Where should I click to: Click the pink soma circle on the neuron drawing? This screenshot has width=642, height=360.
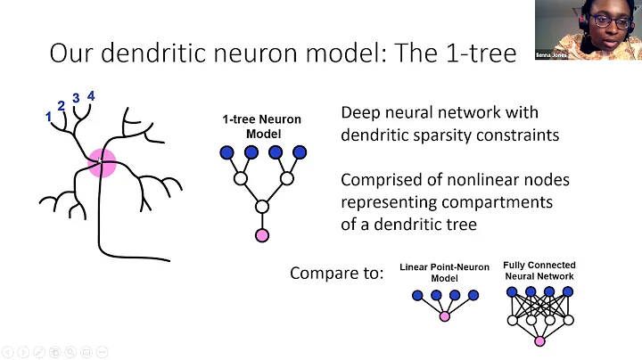(103, 163)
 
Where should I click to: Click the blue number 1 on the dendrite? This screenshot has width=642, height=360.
(48, 116)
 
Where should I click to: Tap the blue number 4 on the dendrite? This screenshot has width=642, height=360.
(91, 95)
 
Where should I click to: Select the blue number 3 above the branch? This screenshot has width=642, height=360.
(76, 98)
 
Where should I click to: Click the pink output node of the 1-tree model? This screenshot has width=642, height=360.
(262, 235)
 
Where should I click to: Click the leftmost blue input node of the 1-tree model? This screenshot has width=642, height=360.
(226, 152)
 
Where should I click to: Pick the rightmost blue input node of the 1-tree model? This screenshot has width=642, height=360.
(300, 152)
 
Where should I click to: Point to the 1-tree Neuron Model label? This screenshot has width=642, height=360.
(262, 126)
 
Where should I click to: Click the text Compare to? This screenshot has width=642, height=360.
(336, 273)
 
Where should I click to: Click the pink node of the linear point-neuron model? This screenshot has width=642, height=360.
(444, 317)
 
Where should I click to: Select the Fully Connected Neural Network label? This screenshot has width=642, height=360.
(539, 271)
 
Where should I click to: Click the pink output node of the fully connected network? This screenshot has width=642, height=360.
(539, 341)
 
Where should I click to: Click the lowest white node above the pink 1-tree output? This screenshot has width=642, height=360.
(262, 207)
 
